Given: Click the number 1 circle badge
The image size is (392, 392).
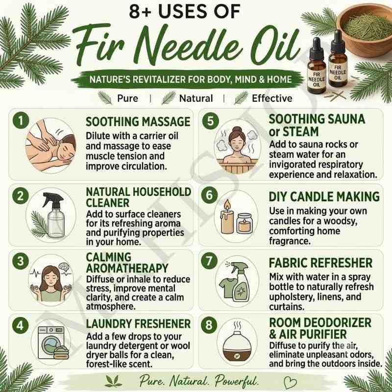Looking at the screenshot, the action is point(21,121).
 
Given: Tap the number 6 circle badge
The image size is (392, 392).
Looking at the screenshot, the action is point(210,195).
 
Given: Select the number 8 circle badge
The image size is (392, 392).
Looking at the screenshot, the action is point(209,325).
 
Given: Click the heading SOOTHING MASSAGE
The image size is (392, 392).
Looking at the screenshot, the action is point(138,122).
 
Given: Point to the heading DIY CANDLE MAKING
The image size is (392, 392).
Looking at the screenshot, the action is point(324,196).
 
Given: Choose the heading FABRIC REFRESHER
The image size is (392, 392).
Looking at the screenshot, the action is point(321,263).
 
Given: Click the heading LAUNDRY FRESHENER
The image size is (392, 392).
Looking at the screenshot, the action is point(138,324).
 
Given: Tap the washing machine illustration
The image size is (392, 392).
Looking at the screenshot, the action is point(51,342).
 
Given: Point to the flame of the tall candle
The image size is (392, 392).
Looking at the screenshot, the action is point(227,204).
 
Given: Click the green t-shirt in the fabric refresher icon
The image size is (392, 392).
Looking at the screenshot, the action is point(227,288).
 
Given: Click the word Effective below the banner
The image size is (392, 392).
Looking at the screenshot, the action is point(272,98).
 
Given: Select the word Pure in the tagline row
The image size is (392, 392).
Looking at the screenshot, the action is point(127,98).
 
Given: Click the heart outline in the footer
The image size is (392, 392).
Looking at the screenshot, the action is point(291,383).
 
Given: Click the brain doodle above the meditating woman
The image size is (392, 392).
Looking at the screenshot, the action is point(65,267).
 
